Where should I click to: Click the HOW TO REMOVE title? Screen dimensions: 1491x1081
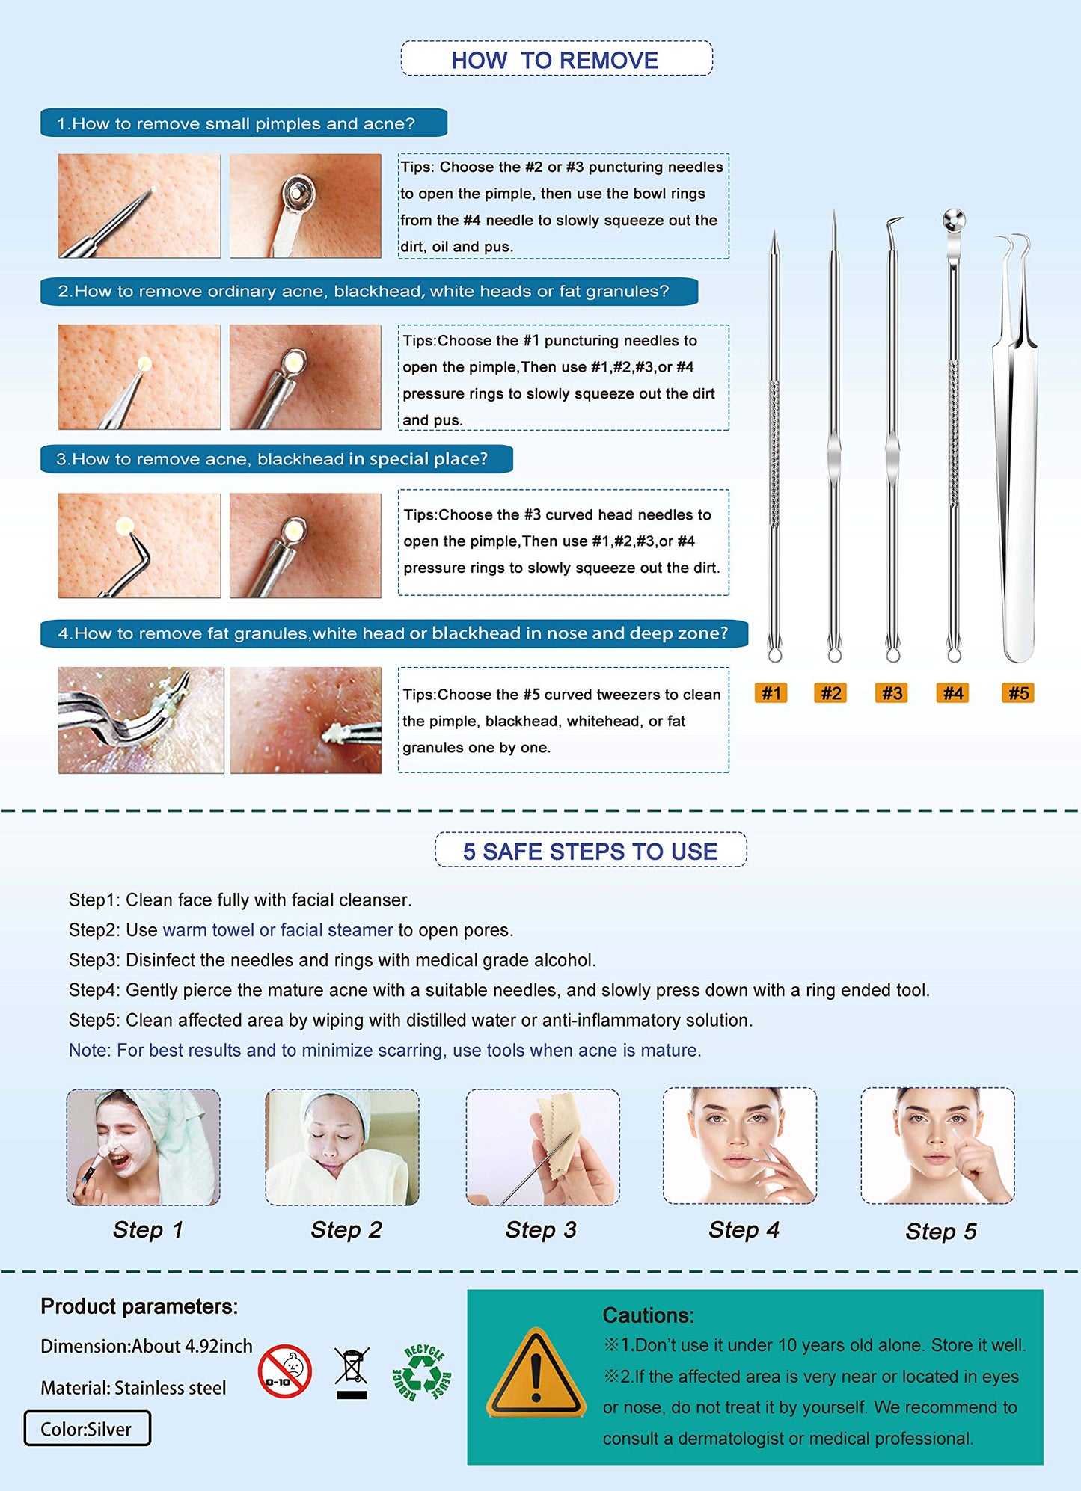pyautogui.click(x=556, y=60)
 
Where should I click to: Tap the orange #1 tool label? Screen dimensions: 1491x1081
pyautogui.click(x=771, y=693)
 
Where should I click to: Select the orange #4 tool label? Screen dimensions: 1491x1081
pyautogui.click(x=952, y=693)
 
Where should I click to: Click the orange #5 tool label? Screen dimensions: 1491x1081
pyautogui.click(x=1018, y=693)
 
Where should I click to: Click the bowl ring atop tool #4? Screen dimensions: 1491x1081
pyautogui.click(x=954, y=220)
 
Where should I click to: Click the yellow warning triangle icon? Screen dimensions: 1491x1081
pyautogui.click(x=535, y=1377)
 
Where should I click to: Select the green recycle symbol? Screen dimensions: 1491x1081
pyautogui.click(x=423, y=1373)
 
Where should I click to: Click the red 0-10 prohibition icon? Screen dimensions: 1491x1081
pyautogui.click(x=285, y=1372)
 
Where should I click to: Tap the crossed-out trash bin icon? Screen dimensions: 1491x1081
pyautogui.click(x=352, y=1372)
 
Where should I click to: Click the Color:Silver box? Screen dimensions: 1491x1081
pyautogui.click(x=87, y=1429)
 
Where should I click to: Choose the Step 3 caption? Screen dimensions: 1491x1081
pyautogui.click(x=541, y=1230)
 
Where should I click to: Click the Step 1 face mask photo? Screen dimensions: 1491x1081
pyautogui.click(x=143, y=1146)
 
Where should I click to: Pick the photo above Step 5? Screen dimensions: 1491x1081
pyautogui.click(x=937, y=1146)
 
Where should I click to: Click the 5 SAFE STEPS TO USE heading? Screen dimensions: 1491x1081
pyautogui.click(x=590, y=851)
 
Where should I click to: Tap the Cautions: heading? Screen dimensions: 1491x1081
pyautogui.click(x=649, y=1315)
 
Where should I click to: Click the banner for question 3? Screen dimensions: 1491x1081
pyautogui.click(x=276, y=459)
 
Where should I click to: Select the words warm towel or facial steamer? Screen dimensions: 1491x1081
pyautogui.click(x=278, y=930)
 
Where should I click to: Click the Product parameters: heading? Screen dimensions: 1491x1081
pyautogui.click(x=139, y=1306)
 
